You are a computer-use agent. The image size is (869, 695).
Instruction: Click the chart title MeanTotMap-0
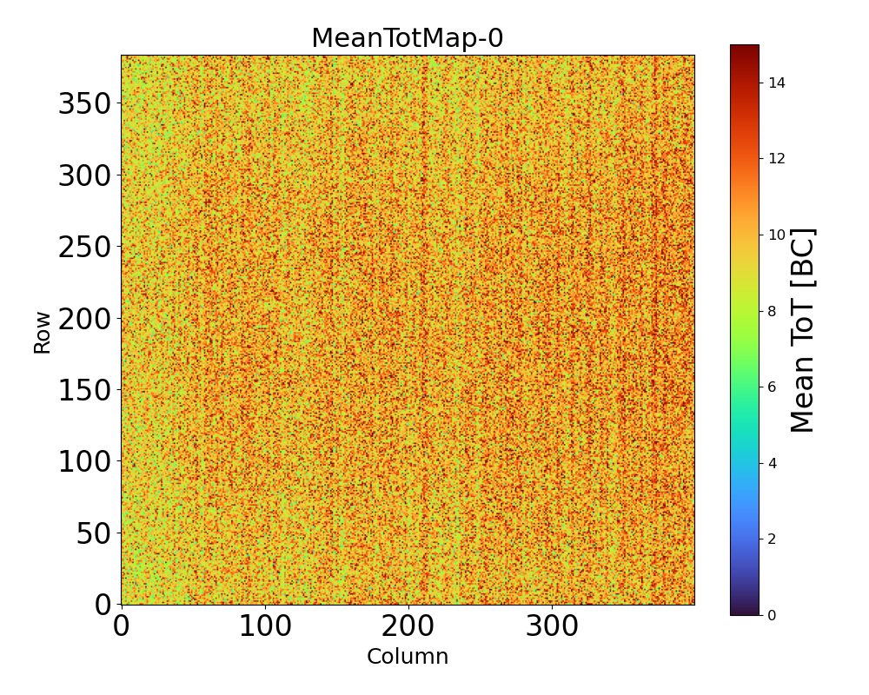tap(407, 38)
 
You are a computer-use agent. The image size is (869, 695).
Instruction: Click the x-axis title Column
tap(408, 657)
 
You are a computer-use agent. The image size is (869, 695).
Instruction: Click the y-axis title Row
tap(43, 332)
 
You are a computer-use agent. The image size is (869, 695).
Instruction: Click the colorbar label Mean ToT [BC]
tap(803, 330)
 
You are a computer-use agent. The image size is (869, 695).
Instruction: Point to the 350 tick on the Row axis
tap(86, 104)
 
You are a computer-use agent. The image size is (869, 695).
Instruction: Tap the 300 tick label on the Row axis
tap(86, 175)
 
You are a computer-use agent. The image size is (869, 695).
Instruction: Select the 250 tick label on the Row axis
tap(86, 247)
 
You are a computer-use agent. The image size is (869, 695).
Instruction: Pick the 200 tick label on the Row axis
tap(86, 318)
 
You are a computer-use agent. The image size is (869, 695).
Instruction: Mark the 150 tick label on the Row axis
tap(86, 390)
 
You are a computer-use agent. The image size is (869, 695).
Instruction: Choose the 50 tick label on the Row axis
tap(95, 533)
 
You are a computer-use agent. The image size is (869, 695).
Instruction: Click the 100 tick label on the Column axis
tap(264, 626)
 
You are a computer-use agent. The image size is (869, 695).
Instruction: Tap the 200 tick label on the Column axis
tap(408, 626)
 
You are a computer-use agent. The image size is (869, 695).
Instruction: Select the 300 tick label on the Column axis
tap(552, 626)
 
